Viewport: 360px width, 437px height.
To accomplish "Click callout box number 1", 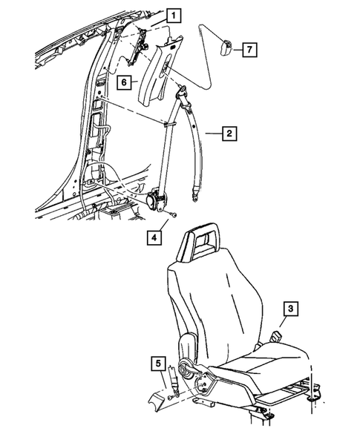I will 174,14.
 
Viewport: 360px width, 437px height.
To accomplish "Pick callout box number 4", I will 153,239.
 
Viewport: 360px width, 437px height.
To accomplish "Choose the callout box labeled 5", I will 157,364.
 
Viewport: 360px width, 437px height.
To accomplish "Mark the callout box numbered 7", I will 250,49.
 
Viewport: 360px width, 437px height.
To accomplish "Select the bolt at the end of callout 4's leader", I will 171,215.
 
